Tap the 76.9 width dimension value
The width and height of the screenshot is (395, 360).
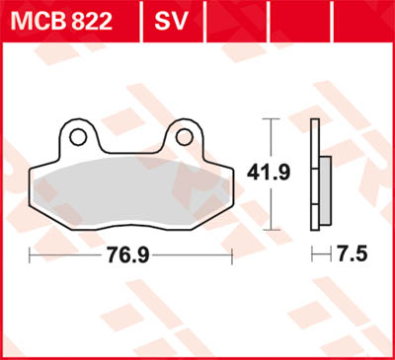[129, 254]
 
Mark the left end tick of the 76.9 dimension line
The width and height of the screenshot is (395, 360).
[30, 254]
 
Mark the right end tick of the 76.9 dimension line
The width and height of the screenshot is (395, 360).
[231, 254]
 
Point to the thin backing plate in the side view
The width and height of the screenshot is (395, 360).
[314, 173]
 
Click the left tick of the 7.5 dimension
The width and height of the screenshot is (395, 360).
[312, 254]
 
